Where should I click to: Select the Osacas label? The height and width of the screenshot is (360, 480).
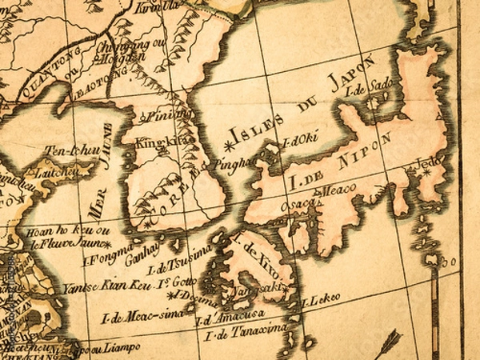(x=302, y=205)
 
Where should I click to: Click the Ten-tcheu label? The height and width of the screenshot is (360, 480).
(x=66, y=150)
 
